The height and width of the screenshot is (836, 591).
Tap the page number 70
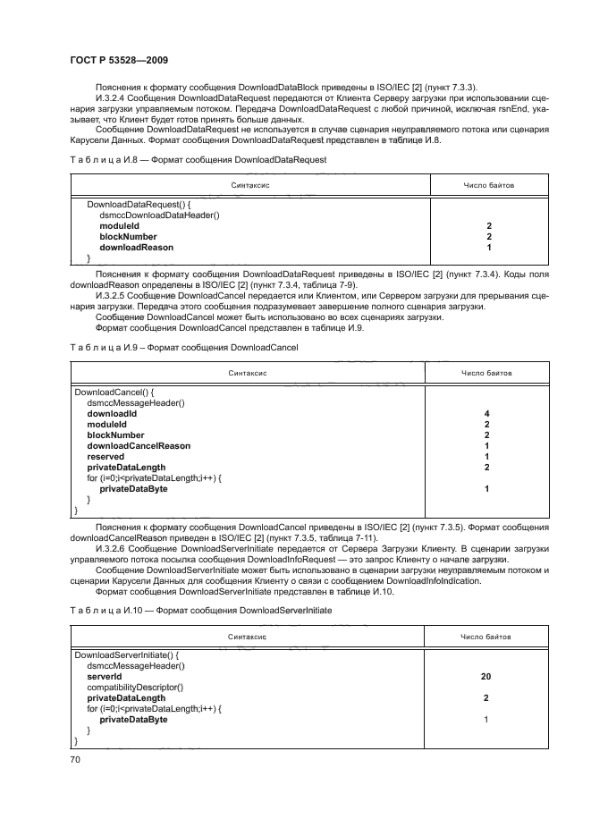coord(75,759)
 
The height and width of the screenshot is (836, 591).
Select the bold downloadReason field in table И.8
coord(136,247)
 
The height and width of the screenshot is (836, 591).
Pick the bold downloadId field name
coord(111,414)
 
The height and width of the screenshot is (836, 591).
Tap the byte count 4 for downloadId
coord(486,414)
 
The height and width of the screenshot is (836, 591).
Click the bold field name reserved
coord(105,457)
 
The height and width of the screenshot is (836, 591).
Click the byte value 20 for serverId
coord(485,677)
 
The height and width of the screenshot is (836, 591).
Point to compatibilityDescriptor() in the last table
coord(135,687)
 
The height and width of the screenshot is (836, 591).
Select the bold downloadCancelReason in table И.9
coord(139,446)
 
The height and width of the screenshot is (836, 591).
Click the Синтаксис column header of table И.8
coord(250,185)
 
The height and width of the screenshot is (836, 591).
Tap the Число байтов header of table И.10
coord(486,637)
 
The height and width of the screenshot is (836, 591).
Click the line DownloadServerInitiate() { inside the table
coord(126,655)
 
